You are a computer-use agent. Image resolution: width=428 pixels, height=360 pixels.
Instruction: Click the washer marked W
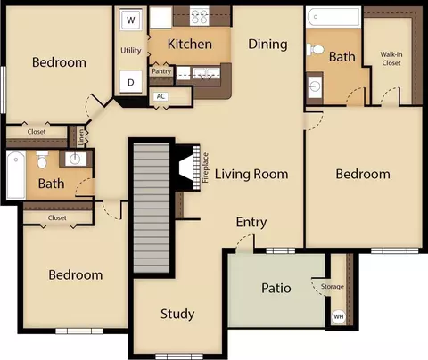(131, 20)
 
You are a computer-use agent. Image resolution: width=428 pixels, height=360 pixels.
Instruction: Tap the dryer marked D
(131, 82)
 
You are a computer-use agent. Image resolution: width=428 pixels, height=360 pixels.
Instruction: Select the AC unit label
(160, 96)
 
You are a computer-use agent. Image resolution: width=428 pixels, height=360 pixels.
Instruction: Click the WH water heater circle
(339, 316)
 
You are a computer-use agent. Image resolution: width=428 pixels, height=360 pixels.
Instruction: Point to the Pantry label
(161, 71)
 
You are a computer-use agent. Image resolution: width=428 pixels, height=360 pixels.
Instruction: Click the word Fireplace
(205, 168)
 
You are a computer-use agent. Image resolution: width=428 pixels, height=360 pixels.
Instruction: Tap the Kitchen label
(190, 44)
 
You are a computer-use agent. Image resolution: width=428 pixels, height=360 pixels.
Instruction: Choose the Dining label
(267, 45)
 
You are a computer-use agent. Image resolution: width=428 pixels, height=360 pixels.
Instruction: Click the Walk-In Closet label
(391, 59)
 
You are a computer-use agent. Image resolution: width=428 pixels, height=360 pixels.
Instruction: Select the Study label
(177, 314)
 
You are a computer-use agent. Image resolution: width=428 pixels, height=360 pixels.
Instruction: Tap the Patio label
(276, 288)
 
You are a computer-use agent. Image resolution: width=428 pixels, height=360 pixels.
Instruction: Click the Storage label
(333, 287)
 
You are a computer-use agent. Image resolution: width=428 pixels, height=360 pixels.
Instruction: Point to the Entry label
(251, 222)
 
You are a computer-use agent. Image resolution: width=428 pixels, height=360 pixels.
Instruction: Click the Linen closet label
(81, 137)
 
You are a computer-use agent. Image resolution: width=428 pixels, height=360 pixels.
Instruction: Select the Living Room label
(251, 174)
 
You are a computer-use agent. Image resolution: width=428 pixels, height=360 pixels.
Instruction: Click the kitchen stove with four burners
(200, 16)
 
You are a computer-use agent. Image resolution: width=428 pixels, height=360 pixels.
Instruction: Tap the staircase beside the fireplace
(152, 208)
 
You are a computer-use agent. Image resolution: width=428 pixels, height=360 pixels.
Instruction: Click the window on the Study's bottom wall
(179, 356)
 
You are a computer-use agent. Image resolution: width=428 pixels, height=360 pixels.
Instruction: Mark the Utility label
(131, 51)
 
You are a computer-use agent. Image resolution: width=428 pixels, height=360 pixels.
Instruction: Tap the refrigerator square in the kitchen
(160, 18)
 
